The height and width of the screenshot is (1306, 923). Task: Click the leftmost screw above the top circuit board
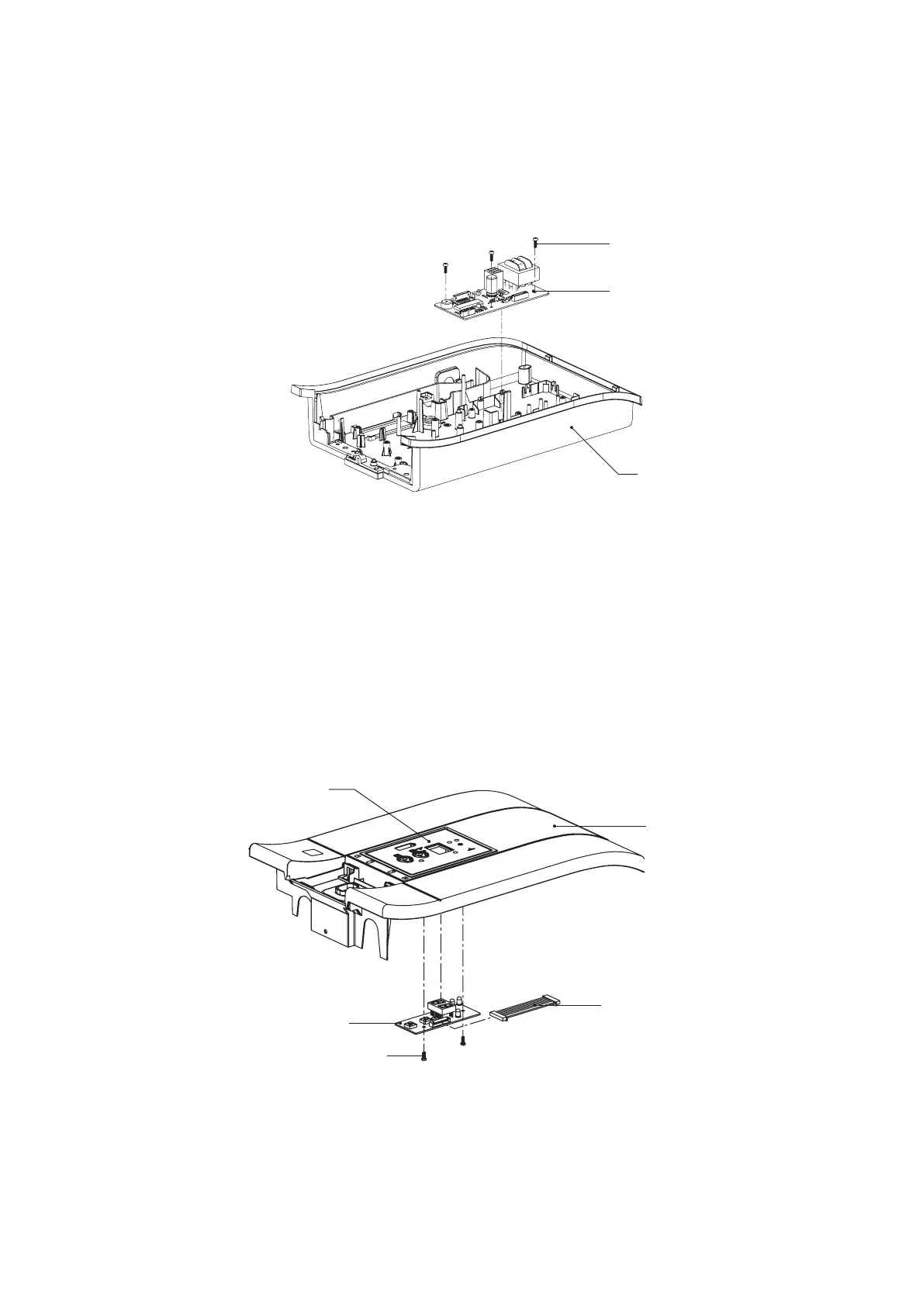(x=445, y=266)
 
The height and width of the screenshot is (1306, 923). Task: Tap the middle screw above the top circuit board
(x=491, y=254)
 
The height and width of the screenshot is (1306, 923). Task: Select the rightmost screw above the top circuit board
(x=536, y=242)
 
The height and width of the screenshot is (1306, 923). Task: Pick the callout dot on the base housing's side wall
(x=572, y=427)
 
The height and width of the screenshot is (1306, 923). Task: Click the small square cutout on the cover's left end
(x=312, y=852)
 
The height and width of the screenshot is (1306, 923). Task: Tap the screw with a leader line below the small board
(x=423, y=1056)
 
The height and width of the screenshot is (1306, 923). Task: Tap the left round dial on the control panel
(x=403, y=858)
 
